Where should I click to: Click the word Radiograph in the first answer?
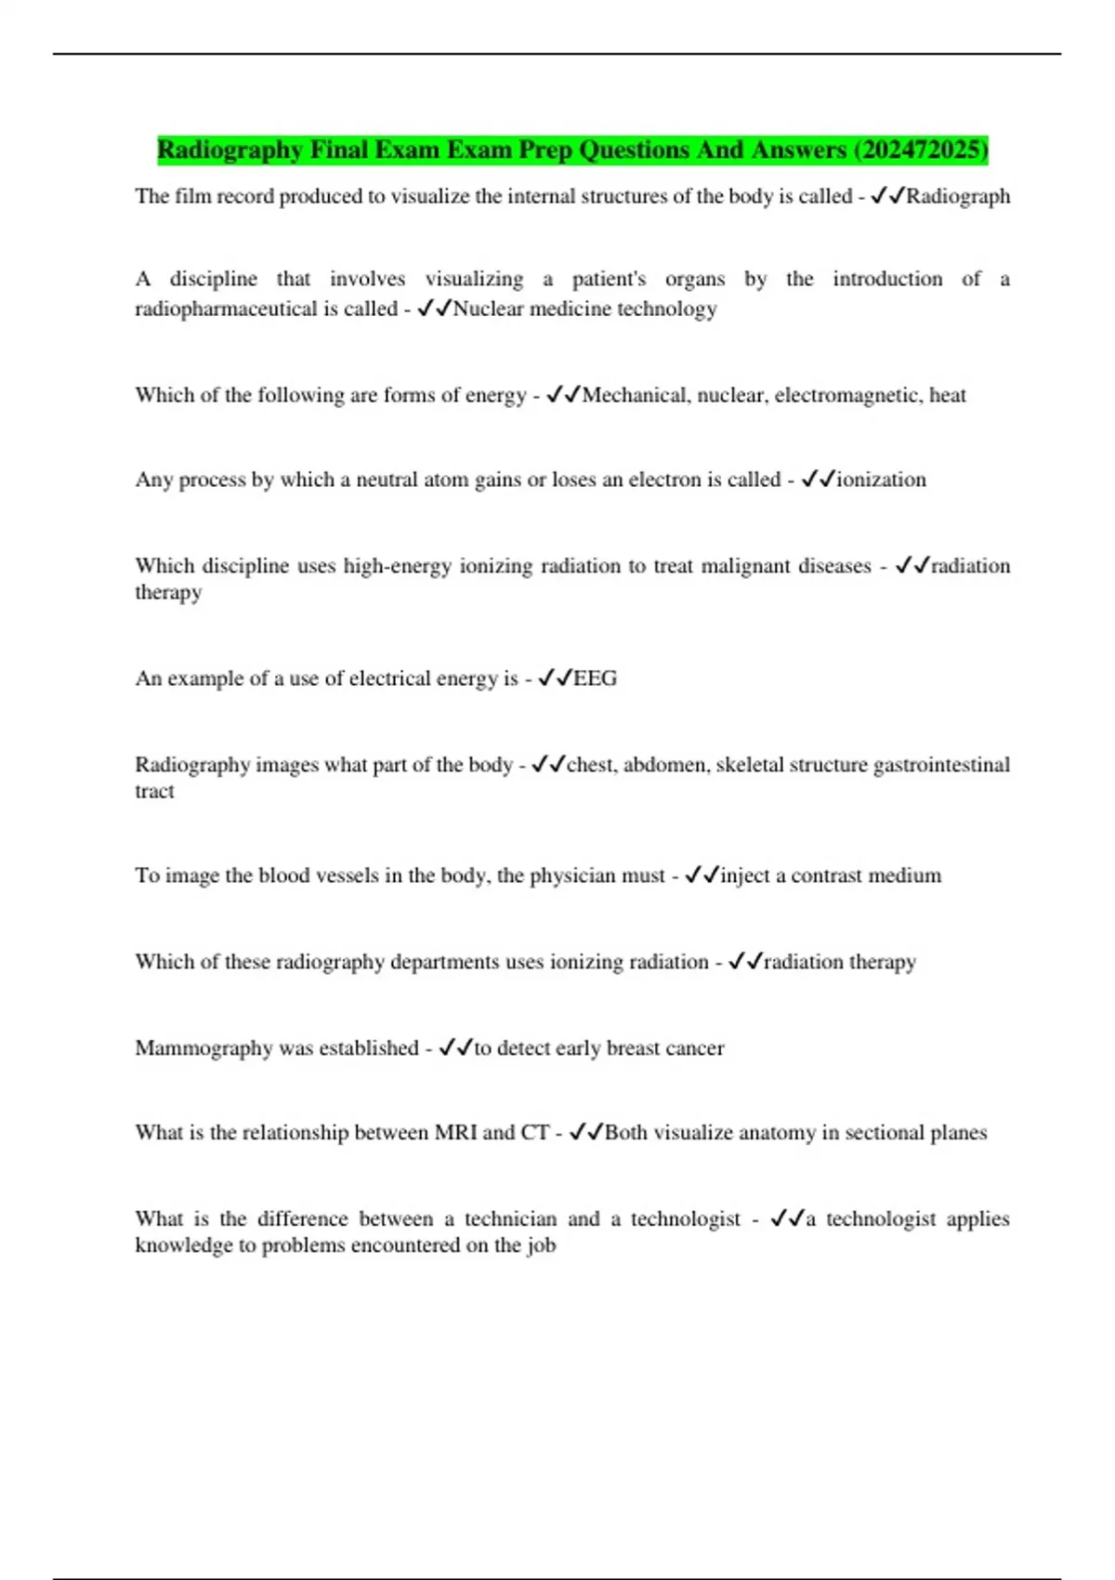(x=958, y=196)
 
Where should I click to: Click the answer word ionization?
(x=881, y=480)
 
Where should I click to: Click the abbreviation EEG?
(x=595, y=678)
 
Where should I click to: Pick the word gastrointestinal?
(x=941, y=765)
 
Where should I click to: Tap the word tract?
(x=154, y=791)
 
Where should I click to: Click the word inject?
(x=744, y=876)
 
